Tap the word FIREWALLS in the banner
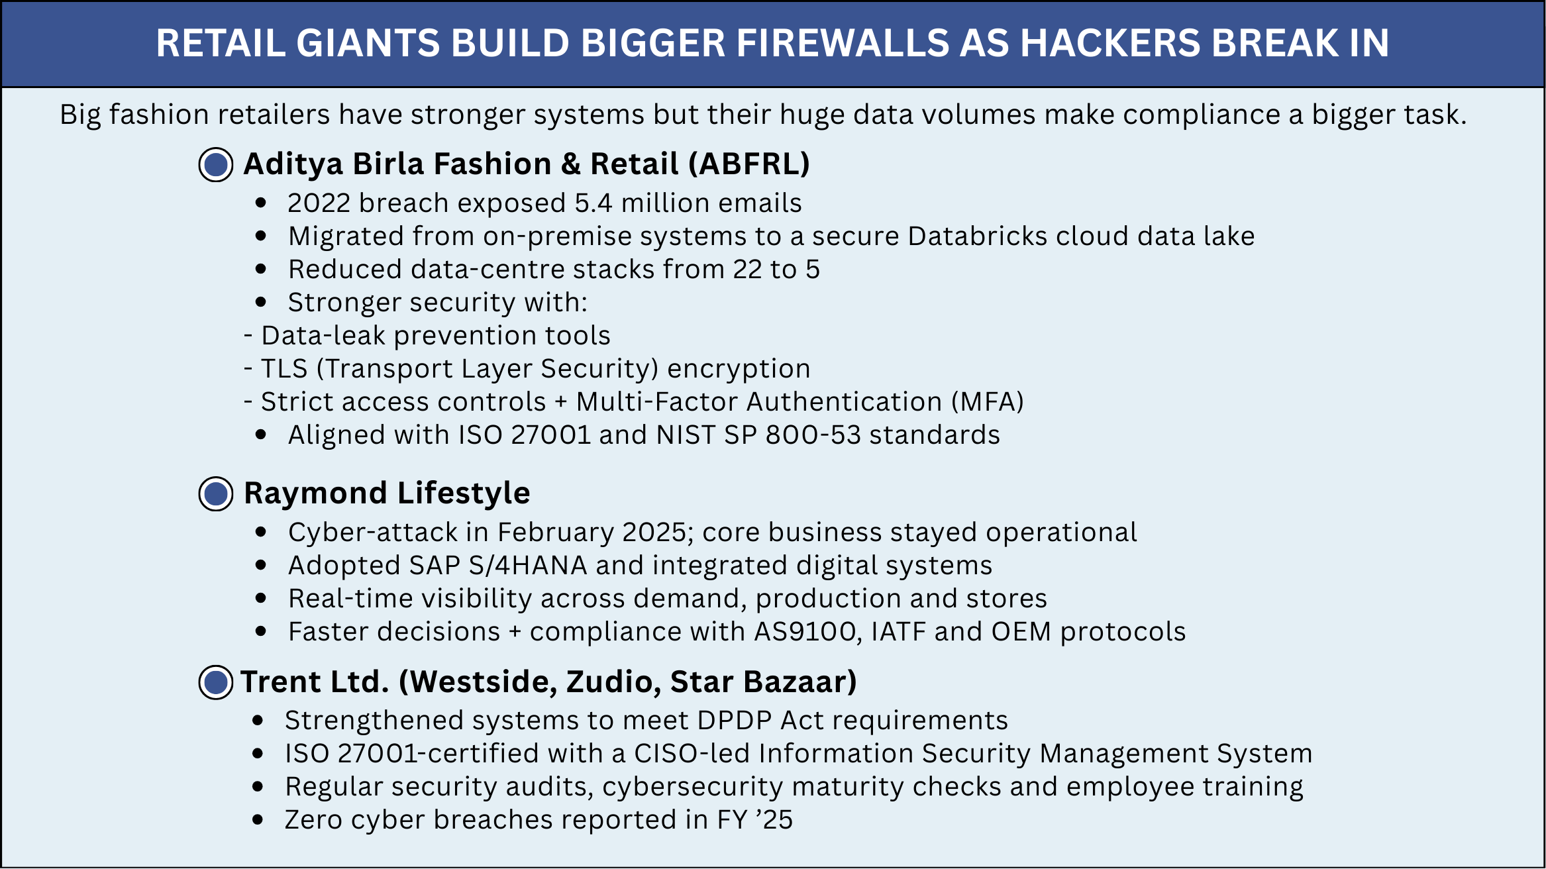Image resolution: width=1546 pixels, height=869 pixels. (x=843, y=44)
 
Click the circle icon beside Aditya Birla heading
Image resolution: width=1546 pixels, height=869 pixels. (x=216, y=165)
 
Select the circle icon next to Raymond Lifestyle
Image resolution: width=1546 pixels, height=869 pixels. (x=216, y=493)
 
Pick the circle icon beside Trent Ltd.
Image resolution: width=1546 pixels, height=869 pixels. (x=216, y=682)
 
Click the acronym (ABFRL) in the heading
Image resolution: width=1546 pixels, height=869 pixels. (x=749, y=164)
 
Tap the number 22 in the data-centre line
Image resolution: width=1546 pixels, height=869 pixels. (x=748, y=270)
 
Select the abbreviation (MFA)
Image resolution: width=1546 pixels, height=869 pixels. (x=988, y=402)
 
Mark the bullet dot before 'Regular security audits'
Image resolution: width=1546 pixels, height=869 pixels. (x=258, y=787)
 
